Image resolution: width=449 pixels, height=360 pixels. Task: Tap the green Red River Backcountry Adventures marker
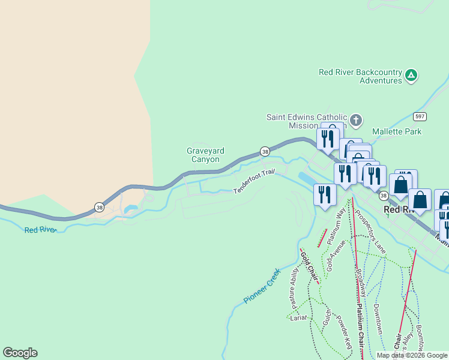click(x=411, y=76)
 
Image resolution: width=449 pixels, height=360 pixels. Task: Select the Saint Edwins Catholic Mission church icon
click(x=356, y=121)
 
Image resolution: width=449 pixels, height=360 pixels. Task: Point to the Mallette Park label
click(x=397, y=131)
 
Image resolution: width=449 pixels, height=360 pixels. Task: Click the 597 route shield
click(x=420, y=116)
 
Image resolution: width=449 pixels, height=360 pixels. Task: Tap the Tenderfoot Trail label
click(x=254, y=182)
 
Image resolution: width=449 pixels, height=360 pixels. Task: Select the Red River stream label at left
click(x=40, y=229)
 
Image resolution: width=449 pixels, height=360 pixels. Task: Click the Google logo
click(x=20, y=353)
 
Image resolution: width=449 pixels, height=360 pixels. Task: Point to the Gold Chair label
click(x=309, y=265)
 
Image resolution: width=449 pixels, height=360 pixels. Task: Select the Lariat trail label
click(x=298, y=317)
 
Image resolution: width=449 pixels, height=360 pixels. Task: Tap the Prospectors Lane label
click(x=370, y=230)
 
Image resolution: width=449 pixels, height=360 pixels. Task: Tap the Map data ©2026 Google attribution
click(x=412, y=355)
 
